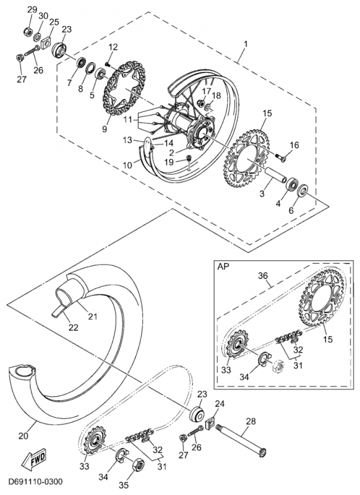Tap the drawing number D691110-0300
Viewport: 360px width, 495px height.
click(x=35, y=482)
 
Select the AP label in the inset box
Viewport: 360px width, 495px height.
click(x=223, y=266)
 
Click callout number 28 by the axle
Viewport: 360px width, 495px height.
click(x=251, y=421)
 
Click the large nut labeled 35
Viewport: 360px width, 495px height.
click(x=137, y=464)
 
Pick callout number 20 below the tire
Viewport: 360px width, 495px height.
click(x=24, y=436)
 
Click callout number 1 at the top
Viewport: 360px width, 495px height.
click(x=246, y=44)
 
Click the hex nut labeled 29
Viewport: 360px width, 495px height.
click(x=27, y=32)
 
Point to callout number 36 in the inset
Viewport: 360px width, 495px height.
click(x=263, y=275)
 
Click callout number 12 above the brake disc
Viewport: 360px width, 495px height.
click(x=113, y=47)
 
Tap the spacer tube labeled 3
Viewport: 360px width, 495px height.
click(x=275, y=174)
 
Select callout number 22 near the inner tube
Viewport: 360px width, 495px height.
click(x=73, y=328)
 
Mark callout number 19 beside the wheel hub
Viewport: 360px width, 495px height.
click(x=169, y=163)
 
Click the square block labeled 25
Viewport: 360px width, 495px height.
click(x=48, y=41)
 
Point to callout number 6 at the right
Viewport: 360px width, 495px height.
click(x=291, y=210)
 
